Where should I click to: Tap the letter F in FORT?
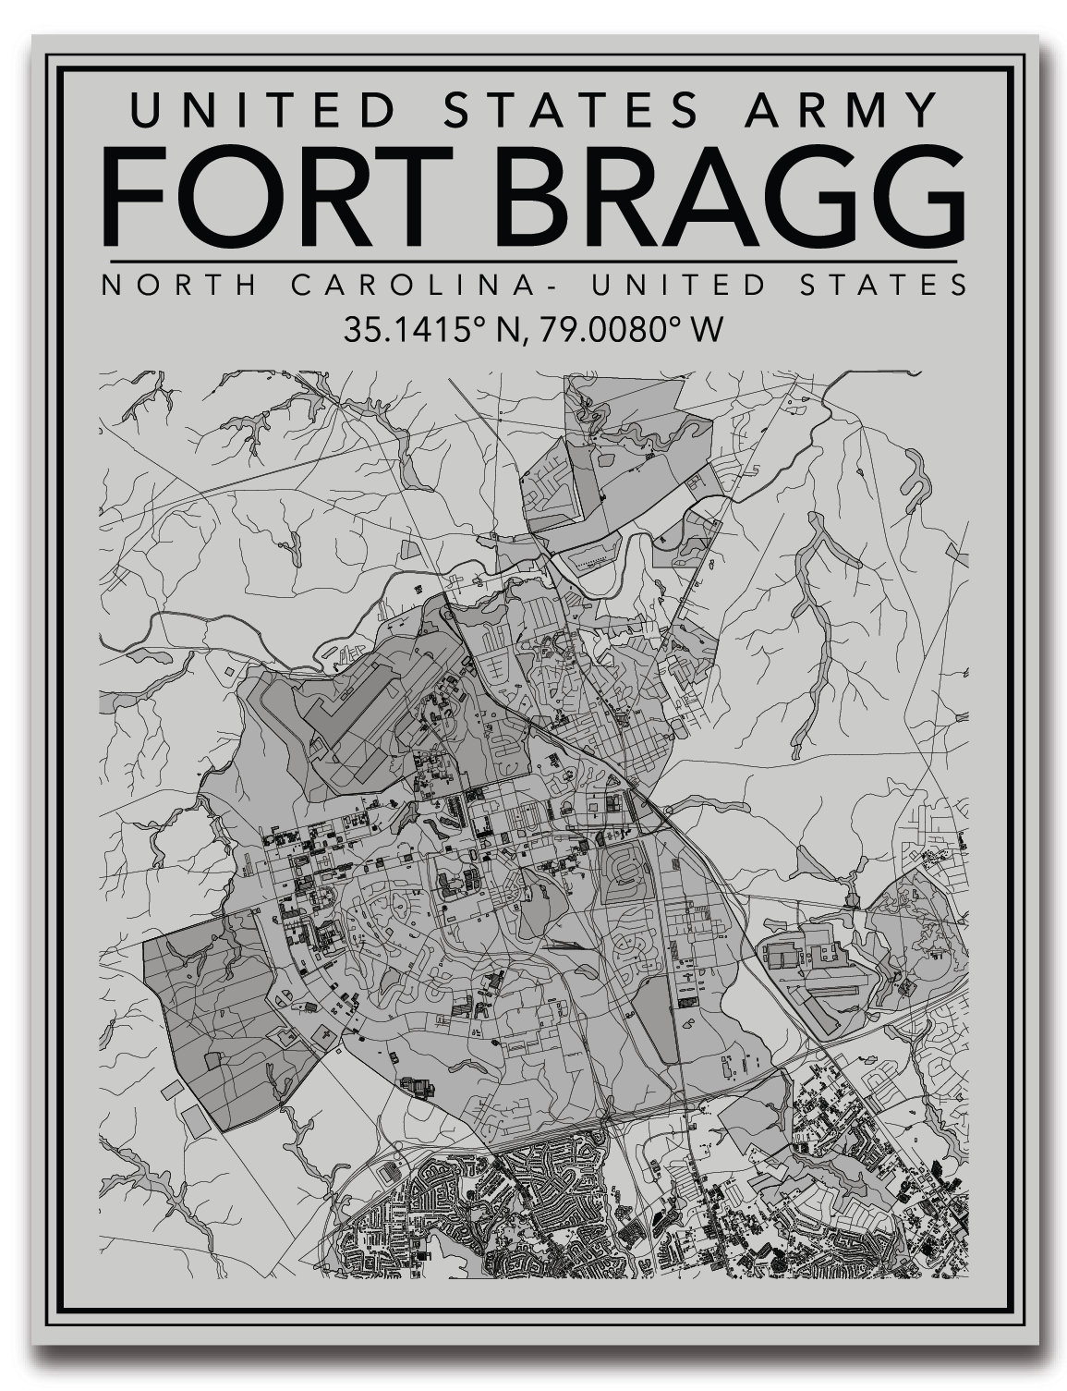[x=135, y=195]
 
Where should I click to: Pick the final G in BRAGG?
[x=914, y=195]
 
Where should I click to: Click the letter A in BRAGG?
[x=721, y=195]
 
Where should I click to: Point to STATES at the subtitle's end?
[x=885, y=285]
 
